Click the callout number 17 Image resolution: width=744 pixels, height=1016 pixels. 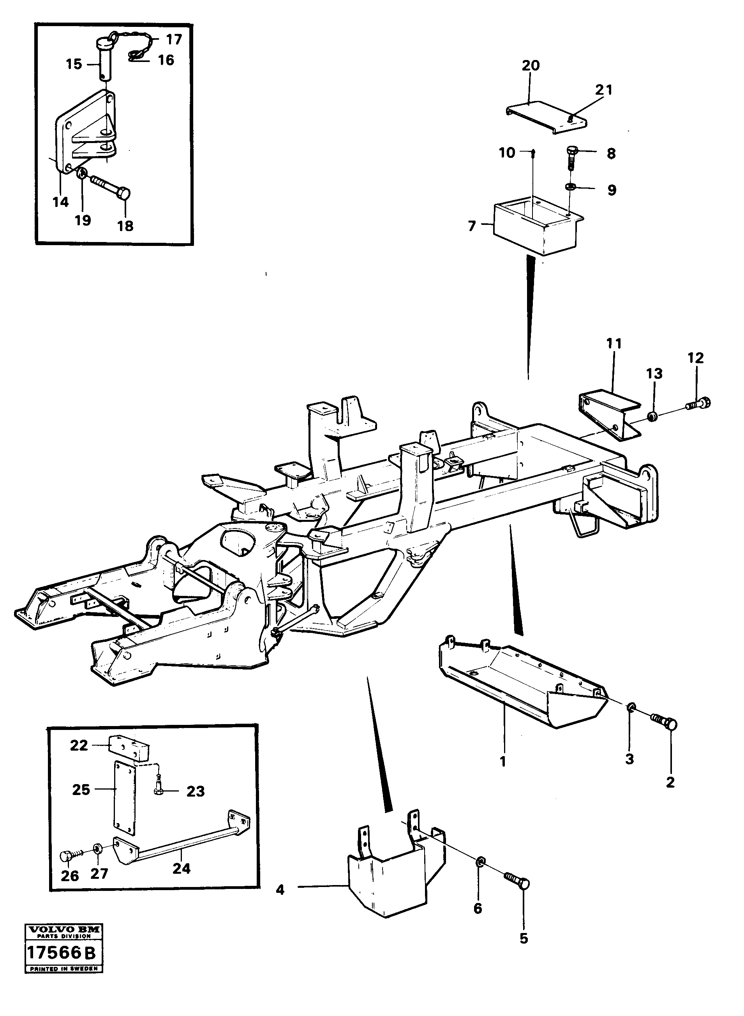tap(173, 40)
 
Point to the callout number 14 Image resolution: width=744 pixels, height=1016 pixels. tap(60, 202)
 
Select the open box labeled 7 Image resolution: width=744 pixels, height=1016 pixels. tap(536, 230)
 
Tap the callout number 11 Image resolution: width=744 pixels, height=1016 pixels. tap(614, 344)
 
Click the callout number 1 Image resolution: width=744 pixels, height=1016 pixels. tap(503, 762)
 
